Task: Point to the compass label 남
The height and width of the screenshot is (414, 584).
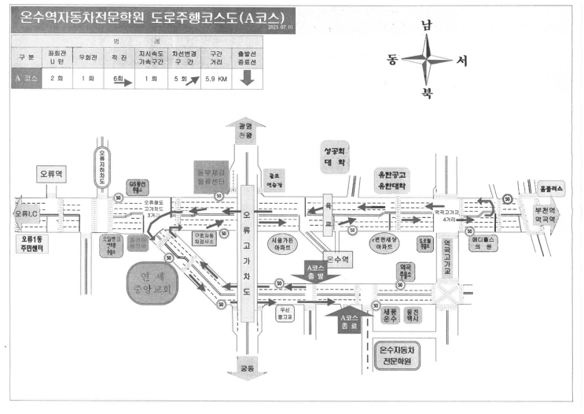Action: pos(427,25)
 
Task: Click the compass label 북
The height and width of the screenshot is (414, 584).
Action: pos(427,93)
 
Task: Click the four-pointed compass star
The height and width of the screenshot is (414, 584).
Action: pos(427,59)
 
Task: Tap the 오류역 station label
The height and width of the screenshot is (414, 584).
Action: pos(53,172)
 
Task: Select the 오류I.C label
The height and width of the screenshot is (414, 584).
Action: pos(26,213)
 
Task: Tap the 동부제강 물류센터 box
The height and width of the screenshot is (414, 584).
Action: pos(210,175)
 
